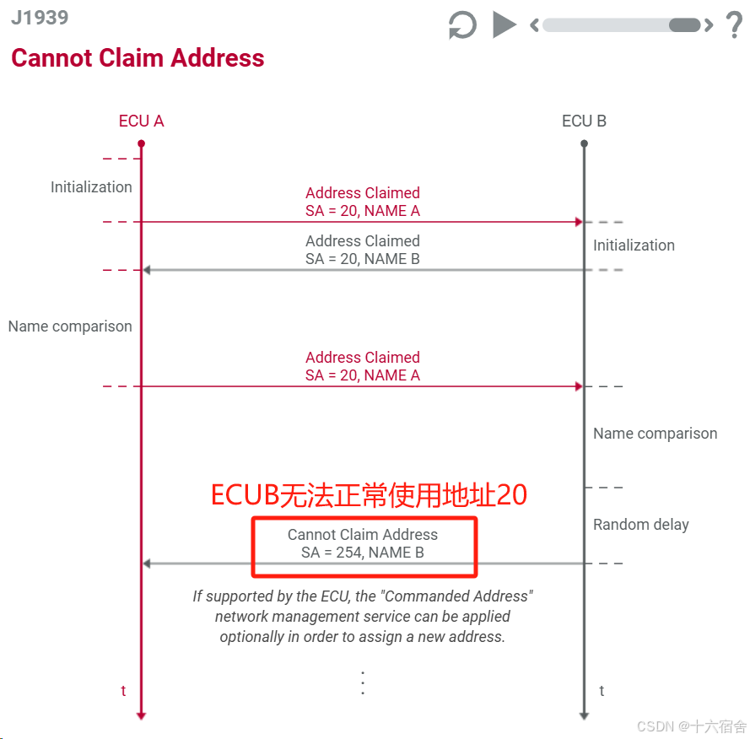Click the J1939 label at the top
pyautogui.click(x=40, y=18)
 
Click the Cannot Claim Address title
pyautogui.click(x=138, y=58)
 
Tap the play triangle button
pyautogui.click(x=504, y=24)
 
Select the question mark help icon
pyautogui.click(x=734, y=25)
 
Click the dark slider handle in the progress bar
pyautogui.click(x=684, y=25)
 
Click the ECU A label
pyautogui.click(x=141, y=121)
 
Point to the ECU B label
pyautogui.click(x=584, y=121)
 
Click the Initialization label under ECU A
pyautogui.click(x=91, y=187)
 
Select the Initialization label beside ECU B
pyautogui.click(x=634, y=245)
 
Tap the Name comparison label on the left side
pyautogui.click(x=70, y=326)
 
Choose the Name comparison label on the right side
pyautogui.click(x=655, y=434)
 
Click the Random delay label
pyautogui.click(x=640, y=525)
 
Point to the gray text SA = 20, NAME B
pyautogui.click(x=363, y=260)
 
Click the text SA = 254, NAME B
pyautogui.click(x=363, y=553)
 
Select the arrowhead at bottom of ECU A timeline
pyautogui.click(x=141, y=715)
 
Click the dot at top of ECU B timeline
pyautogui.click(x=584, y=143)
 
